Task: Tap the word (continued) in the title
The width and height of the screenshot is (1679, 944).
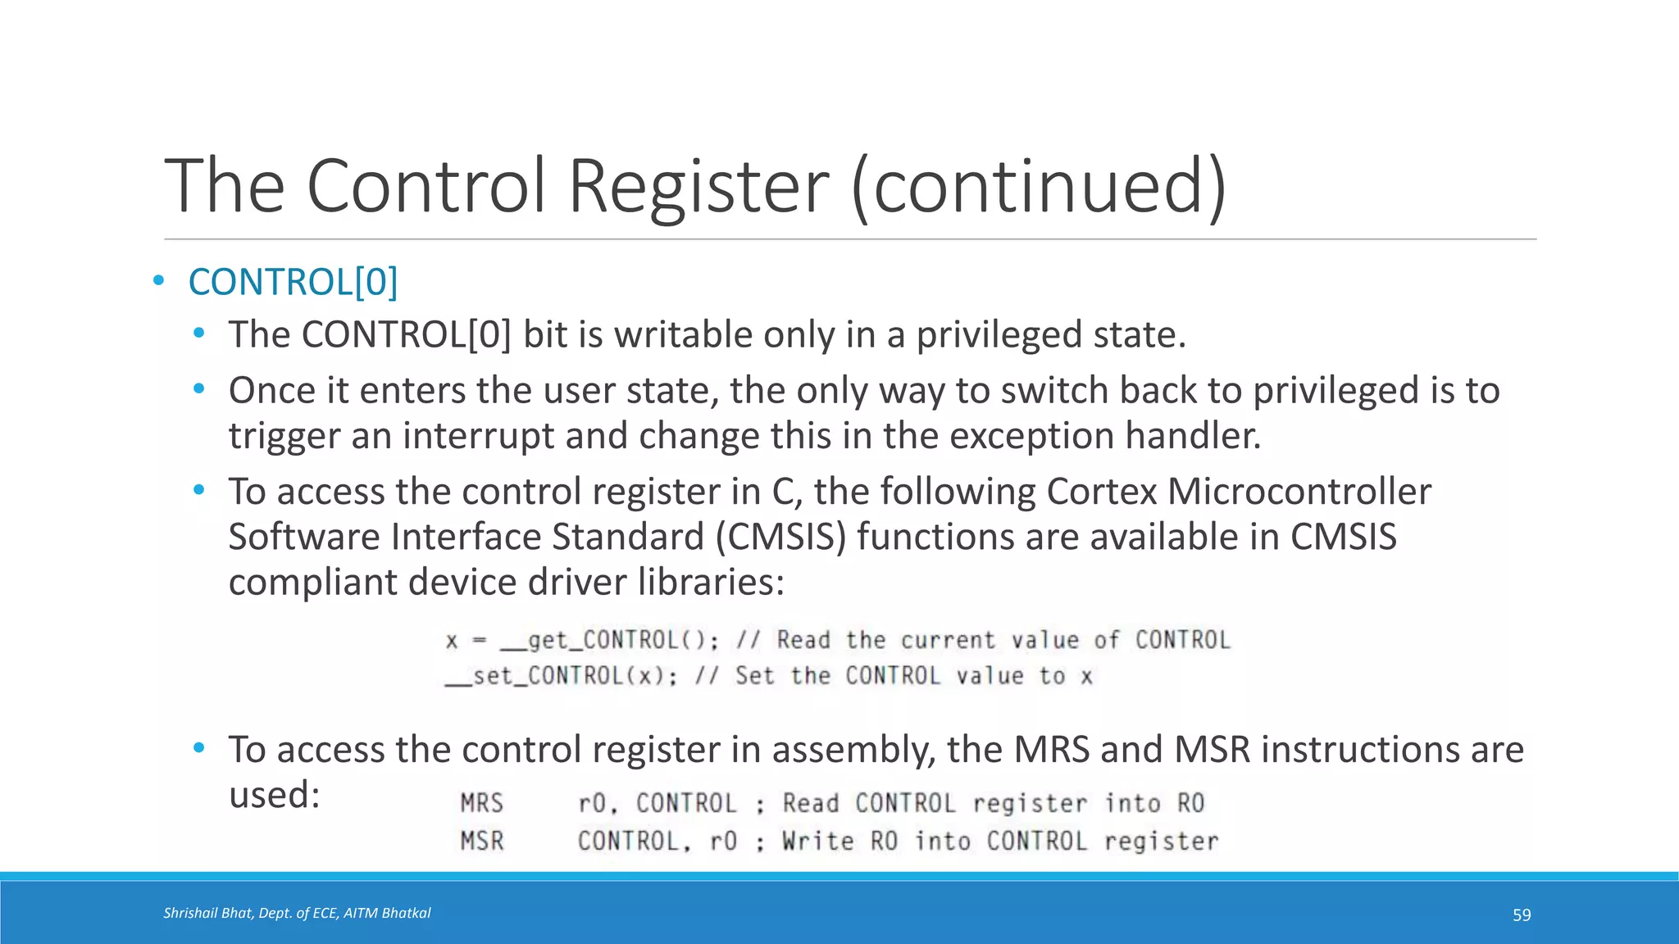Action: pos(1039,187)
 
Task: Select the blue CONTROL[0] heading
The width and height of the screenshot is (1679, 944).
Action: pos(293,282)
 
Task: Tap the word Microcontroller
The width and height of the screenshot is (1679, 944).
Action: pos(1299,492)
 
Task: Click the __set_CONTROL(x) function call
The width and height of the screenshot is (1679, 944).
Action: pos(562,676)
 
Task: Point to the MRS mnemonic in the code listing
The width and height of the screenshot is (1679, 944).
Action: pos(481,803)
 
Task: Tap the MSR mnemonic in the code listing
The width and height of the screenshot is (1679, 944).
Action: pos(481,842)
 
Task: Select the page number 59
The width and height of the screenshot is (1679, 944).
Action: pos(1522,915)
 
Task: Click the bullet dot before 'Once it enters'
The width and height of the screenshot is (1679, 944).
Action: pos(198,389)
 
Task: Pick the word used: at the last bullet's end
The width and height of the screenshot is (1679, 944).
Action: pos(274,795)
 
